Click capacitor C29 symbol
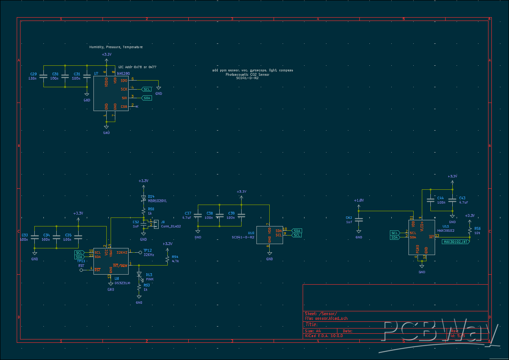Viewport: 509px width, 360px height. pos(43,76)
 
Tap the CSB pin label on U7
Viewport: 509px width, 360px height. pos(124,106)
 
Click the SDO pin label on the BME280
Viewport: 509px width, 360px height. pos(124,81)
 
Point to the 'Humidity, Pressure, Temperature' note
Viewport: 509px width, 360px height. pos(116,47)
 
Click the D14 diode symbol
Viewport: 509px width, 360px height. pos(143,197)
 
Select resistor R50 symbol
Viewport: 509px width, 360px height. pos(143,210)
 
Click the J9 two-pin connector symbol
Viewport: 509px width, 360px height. pos(156,223)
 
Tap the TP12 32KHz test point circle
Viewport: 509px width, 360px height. pos(140,252)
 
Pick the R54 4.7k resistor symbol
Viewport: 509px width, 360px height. pos(167,259)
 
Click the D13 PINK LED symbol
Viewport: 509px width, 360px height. pos(139,275)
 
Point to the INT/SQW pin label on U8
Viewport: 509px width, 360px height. pos(120,265)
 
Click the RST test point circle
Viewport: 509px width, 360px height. pos(81,270)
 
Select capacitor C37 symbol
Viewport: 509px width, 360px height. pos(198,216)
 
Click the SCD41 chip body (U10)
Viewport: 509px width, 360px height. pos(269,235)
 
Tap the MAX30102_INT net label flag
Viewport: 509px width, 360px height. pos(455,242)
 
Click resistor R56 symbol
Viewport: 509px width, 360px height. pos(470,231)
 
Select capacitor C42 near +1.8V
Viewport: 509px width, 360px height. pos(359,220)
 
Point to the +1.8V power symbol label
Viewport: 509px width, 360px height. pos(359,200)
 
